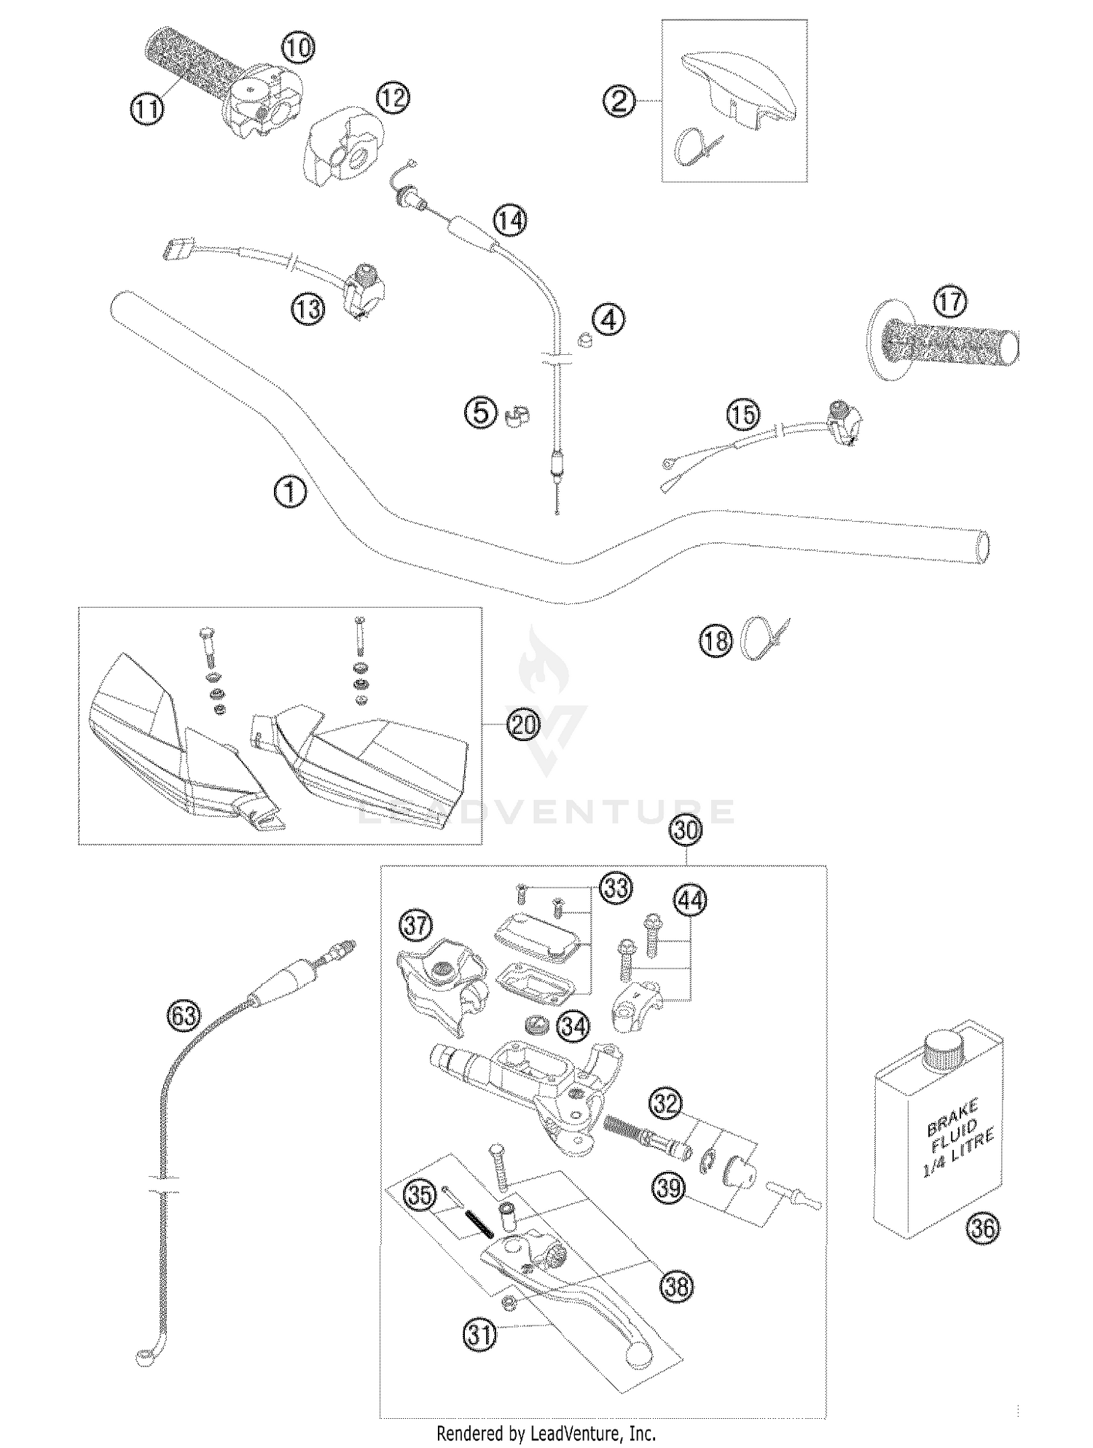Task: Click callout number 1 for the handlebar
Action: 290,492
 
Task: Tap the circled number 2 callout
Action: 619,101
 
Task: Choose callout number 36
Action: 983,1229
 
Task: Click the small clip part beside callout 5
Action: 516,417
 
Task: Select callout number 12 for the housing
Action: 393,98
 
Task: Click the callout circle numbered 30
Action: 686,831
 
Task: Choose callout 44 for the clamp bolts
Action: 689,900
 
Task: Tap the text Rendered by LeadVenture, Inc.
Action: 546,1433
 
